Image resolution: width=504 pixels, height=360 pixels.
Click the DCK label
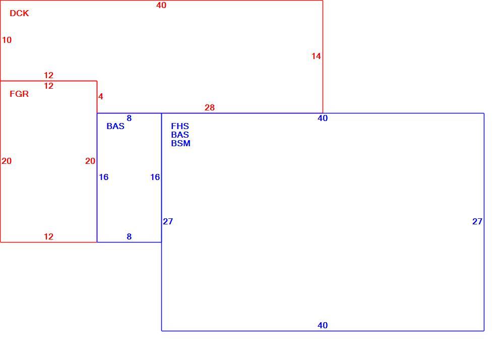point(19,13)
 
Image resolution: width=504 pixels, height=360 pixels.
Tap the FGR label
point(19,94)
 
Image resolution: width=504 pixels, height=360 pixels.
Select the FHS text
point(180,126)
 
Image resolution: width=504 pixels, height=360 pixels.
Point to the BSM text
point(180,143)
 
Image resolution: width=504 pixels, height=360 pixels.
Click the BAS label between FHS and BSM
point(180,135)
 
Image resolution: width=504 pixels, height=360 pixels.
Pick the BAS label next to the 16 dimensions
point(115,126)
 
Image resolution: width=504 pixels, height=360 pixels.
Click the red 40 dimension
point(161,5)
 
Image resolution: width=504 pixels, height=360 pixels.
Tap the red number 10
point(7,40)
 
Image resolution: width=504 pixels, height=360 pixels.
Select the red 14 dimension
point(316,56)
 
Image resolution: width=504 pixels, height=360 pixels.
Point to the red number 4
point(101,96)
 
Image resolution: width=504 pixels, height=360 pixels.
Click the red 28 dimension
point(210,108)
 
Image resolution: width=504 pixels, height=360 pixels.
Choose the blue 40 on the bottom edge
point(323,325)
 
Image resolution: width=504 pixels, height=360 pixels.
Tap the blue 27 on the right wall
point(477,221)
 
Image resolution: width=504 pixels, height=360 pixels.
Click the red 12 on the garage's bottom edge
point(48,236)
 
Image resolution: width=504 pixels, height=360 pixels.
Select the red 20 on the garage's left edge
point(7,161)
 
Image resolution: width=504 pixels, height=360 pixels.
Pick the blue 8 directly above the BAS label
point(129,118)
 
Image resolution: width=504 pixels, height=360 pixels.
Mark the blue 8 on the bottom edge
point(129,236)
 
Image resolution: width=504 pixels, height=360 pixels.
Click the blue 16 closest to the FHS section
point(155,177)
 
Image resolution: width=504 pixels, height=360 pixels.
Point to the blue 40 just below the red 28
point(323,118)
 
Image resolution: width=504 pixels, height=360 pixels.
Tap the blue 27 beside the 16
point(168,221)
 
